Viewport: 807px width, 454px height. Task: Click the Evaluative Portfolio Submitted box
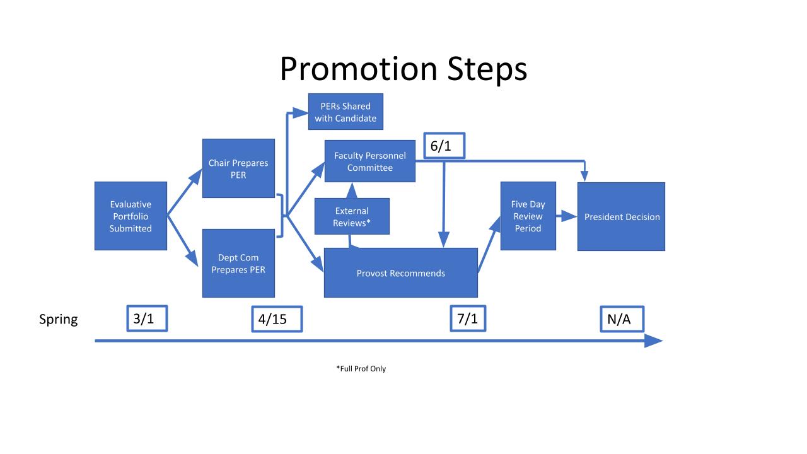131,216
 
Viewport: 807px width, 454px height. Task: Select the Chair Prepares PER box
238,168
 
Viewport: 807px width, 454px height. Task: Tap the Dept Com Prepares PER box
238,264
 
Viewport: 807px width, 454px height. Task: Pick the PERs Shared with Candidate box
345,112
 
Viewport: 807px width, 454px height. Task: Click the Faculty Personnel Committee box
369,161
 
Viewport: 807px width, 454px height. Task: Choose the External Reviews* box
352,216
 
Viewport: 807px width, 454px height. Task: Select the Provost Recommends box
400,273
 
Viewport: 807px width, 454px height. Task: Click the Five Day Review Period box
528,216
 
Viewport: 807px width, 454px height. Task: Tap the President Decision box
621,217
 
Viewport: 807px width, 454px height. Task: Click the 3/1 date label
147,318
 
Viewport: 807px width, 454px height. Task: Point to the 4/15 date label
277,319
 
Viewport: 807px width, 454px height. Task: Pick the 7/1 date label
468,318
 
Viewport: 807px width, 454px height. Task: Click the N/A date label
622,319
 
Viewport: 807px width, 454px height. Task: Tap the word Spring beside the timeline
58,319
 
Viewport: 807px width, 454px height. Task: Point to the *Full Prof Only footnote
361,369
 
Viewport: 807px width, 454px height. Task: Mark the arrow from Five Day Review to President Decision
567,216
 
